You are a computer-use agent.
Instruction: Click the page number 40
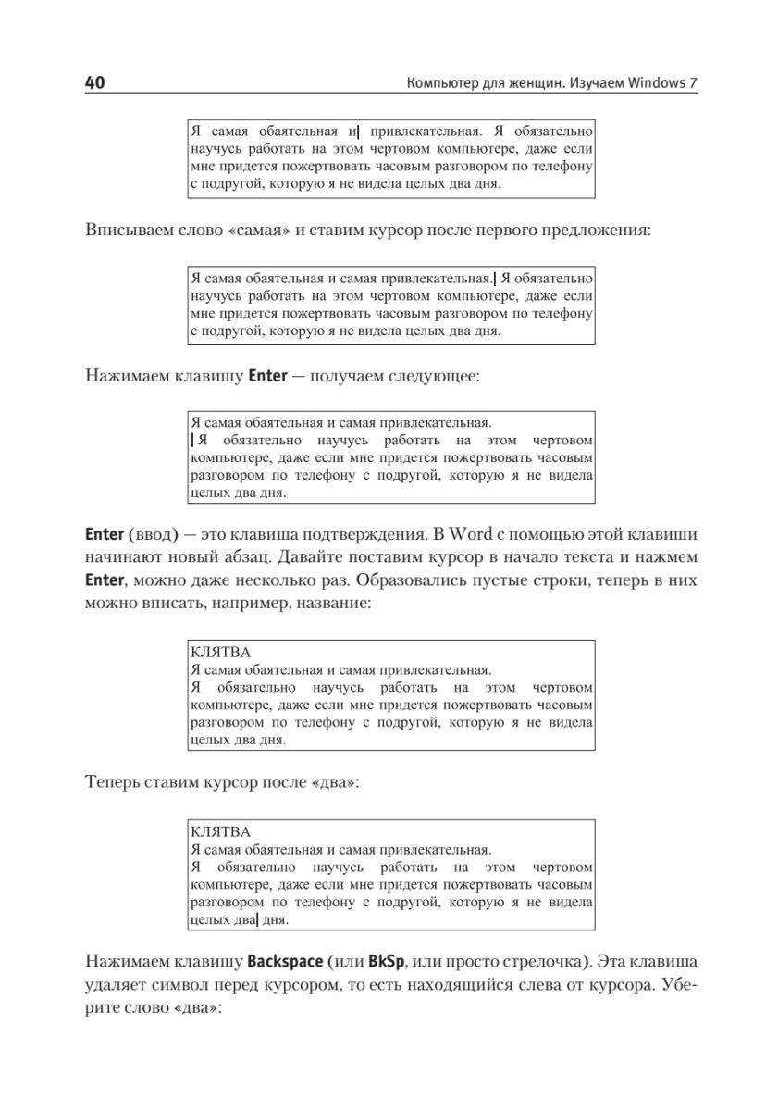point(94,83)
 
